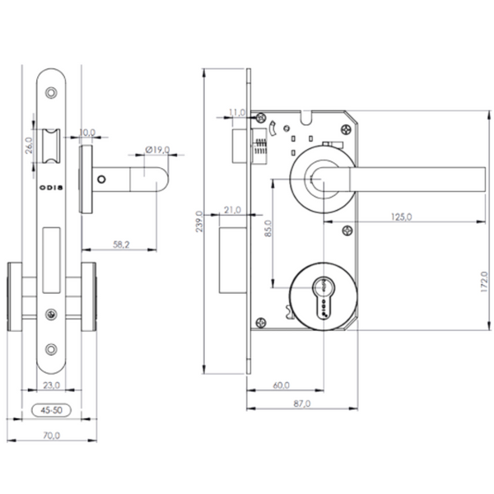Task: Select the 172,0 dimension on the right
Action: tap(486, 282)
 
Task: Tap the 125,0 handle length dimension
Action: tap(403, 217)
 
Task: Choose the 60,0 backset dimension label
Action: tap(281, 384)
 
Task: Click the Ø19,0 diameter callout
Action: tap(156, 150)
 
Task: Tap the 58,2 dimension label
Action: tap(121, 245)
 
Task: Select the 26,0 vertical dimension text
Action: tap(28, 146)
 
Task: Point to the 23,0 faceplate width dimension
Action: tap(51, 384)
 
